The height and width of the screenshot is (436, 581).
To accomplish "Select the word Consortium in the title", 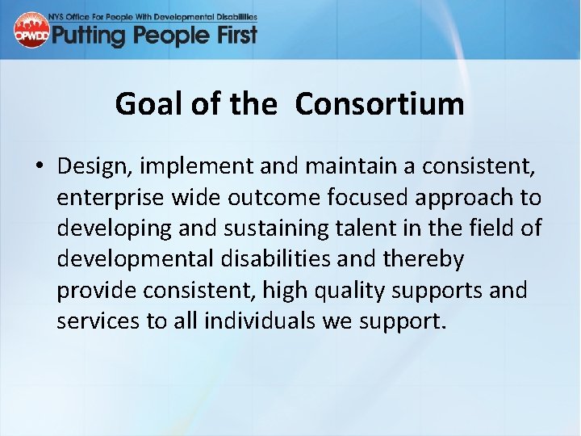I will tap(379, 104).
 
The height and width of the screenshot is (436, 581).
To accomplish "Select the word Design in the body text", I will tap(95, 166).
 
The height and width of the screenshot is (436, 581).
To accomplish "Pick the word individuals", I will tap(259, 321).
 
